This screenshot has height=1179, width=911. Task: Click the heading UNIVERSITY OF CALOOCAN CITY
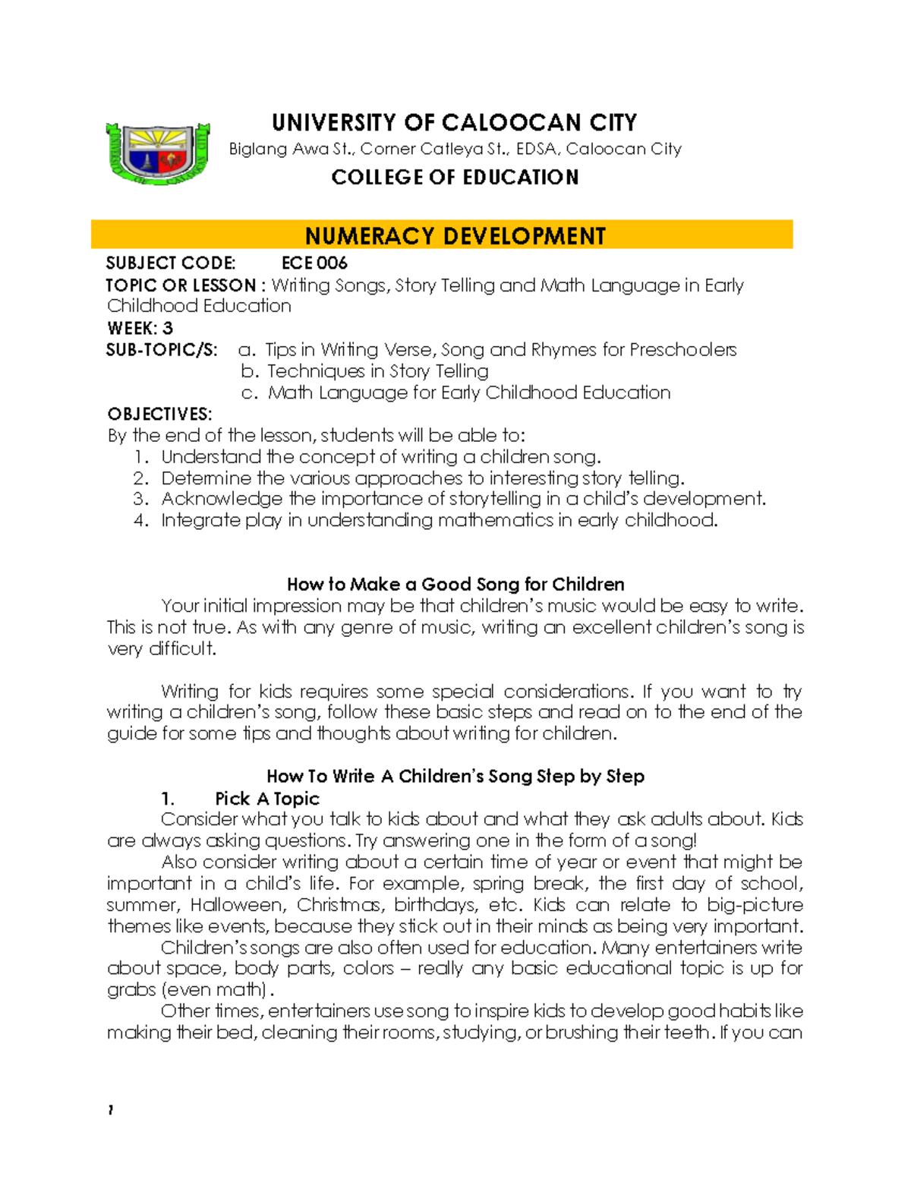[454, 122]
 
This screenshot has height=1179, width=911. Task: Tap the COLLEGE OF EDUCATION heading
[455, 177]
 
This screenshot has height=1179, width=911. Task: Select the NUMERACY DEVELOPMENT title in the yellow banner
[455, 236]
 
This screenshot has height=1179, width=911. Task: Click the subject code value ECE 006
[314, 263]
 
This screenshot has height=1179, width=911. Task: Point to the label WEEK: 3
[140, 328]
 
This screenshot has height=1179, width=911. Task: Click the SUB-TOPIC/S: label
[162, 349]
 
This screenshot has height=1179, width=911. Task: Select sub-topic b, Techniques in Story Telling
[377, 371]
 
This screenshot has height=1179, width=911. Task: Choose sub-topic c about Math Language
[468, 392]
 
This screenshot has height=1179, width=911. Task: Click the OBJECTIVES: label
[159, 414]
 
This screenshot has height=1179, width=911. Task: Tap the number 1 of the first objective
[140, 457]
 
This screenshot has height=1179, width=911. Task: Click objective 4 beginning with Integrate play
[439, 520]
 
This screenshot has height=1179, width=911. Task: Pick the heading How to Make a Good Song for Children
[455, 584]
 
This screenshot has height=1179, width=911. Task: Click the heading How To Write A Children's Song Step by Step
[455, 776]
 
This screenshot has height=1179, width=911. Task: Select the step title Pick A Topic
[267, 799]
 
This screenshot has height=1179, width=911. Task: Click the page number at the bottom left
[111, 1110]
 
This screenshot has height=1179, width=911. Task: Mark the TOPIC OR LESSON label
[181, 285]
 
